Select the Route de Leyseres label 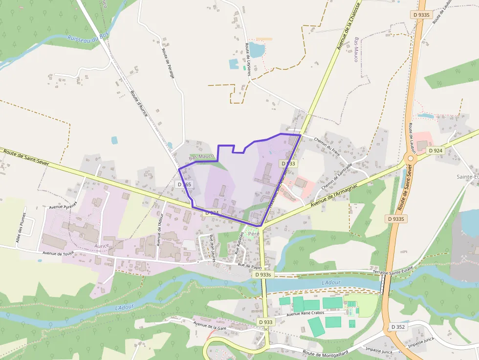click(x=248, y=59)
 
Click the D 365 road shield click(x=185, y=184)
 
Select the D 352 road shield click(x=398, y=326)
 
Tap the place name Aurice click(x=102, y=245)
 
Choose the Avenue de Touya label click(x=58, y=253)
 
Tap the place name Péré click(x=254, y=233)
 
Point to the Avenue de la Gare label click(x=210, y=325)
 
